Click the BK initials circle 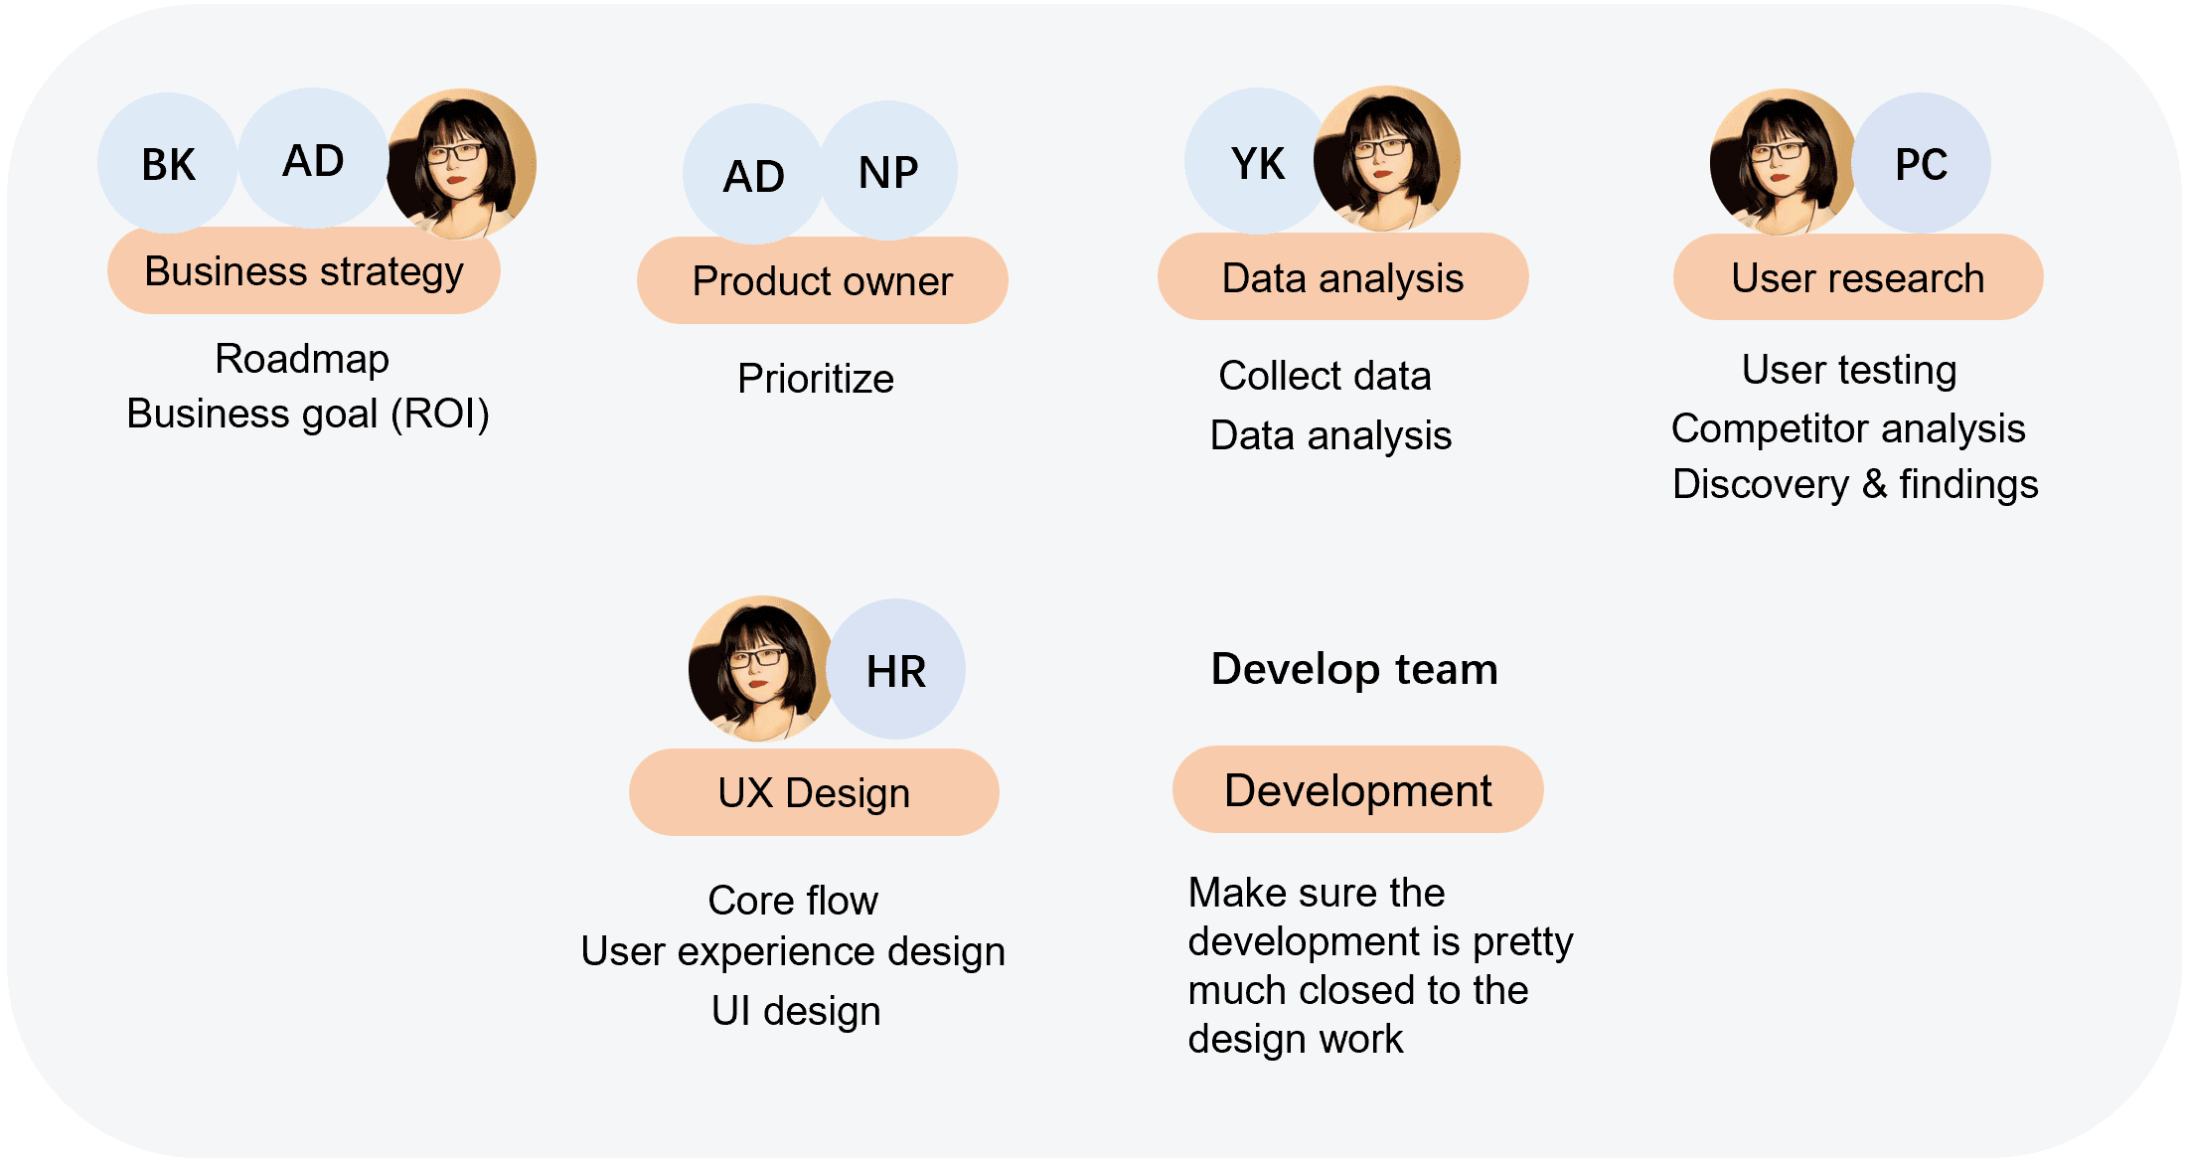(x=168, y=163)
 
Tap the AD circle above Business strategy (x=313, y=159)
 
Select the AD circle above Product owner (x=753, y=175)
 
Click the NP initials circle (x=888, y=171)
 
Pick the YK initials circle (x=1257, y=162)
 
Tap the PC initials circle (x=1921, y=163)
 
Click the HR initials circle (x=895, y=670)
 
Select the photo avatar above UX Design (x=761, y=668)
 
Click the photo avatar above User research (x=1782, y=162)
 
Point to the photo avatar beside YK (x=1387, y=159)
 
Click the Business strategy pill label (x=304, y=271)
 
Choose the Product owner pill (x=822, y=280)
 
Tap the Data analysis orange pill (x=1342, y=277)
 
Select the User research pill (x=1857, y=277)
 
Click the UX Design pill (x=814, y=792)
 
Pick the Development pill (x=1357, y=790)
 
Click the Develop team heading (x=1354, y=669)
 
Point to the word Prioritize (x=816, y=379)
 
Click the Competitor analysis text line (x=1848, y=428)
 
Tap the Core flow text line (x=793, y=901)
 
